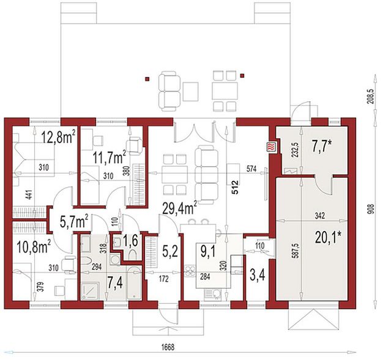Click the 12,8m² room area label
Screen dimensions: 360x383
pos(58,138)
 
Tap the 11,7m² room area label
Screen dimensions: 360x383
pos(109,158)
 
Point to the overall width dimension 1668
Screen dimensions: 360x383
pos(168,348)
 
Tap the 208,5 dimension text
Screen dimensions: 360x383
pos(372,97)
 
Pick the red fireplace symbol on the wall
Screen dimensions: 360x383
pos(270,147)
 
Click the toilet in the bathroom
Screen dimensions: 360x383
pos(86,262)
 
